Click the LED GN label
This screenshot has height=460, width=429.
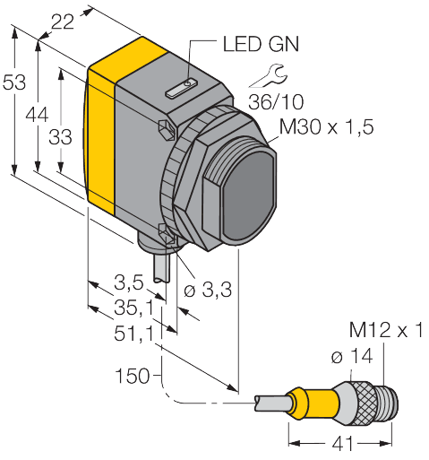coord(261,44)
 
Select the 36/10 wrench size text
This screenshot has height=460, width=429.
coord(276,101)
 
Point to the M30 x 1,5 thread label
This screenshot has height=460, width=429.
coord(326,126)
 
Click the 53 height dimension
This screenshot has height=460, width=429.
coord(14,82)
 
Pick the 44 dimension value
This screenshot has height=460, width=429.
coord(37,115)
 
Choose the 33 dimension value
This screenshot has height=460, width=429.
coord(60,137)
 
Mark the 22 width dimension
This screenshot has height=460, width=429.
coord(63,22)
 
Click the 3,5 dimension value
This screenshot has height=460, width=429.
coord(129,282)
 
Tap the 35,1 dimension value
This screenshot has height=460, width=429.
coord(133,308)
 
